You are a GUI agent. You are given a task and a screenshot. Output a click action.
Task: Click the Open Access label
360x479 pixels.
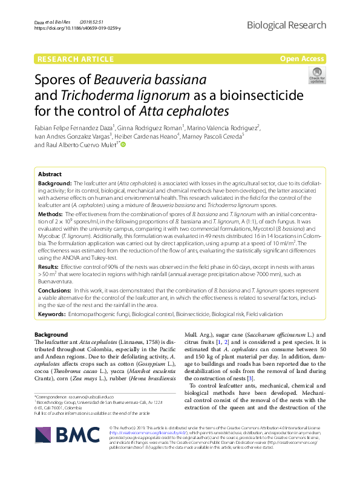tap(303, 59)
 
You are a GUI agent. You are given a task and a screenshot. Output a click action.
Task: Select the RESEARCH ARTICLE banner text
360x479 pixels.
tap(75, 59)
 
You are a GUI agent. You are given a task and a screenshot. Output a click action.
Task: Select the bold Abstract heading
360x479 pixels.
tap(50, 173)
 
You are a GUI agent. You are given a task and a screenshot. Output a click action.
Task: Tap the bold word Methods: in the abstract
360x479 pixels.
tap(50, 214)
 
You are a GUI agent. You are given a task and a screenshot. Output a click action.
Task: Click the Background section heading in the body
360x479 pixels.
tap(51, 335)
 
